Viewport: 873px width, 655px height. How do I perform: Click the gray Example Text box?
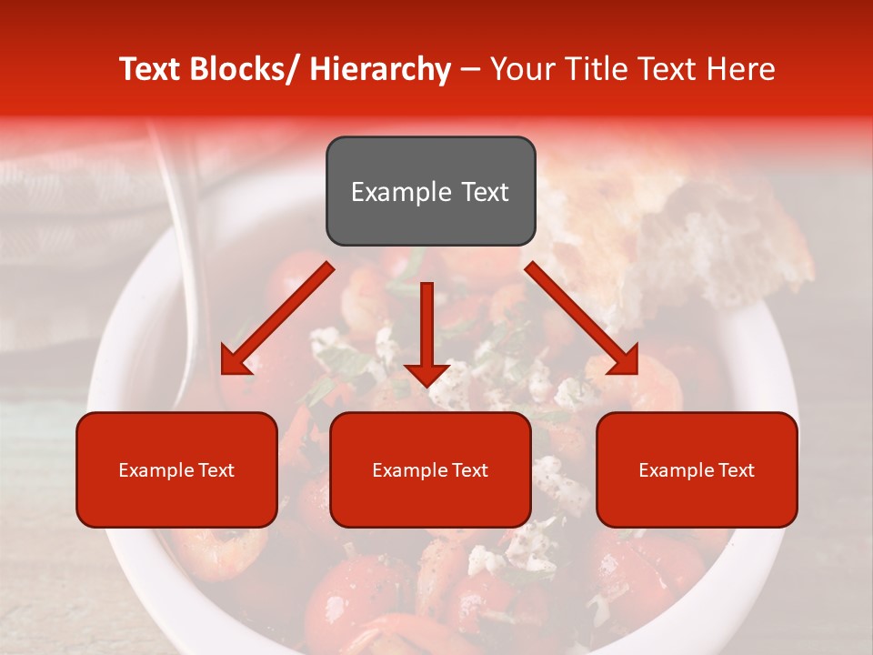[x=430, y=191]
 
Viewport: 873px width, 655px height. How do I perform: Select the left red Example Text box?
[x=176, y=469]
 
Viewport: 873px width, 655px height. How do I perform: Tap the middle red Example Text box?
[x=430, y=469]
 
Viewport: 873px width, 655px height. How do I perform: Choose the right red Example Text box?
[x=697, y=469]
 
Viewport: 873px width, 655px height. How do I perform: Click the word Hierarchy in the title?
[x=379, y=69]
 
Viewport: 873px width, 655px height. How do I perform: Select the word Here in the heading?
[x=741, y=69]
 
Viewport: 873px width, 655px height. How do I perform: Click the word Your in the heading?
[x=518, y=69]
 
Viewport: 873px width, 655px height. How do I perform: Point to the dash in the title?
[x=469, y=70]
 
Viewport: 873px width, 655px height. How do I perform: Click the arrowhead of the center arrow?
[x=426, y=374]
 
